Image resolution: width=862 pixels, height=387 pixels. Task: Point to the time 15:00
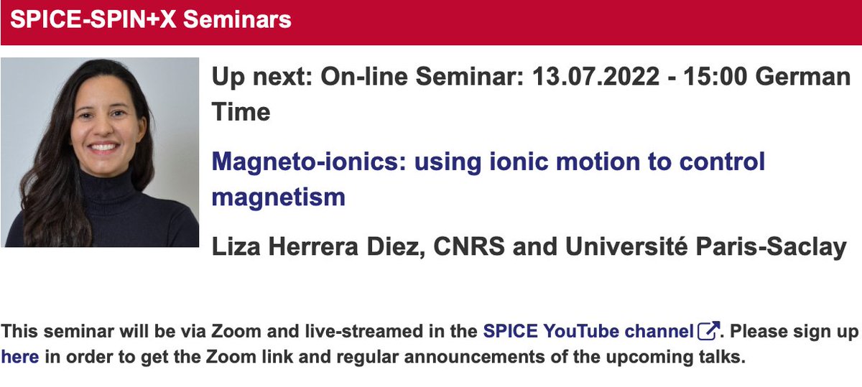pos(710,77)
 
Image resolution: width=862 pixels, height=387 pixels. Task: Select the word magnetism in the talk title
pos(278,196)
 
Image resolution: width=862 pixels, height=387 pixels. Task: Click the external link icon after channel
pos(708,331)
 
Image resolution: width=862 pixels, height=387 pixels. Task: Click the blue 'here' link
pos(19,356)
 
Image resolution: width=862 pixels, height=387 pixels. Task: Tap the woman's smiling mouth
pos(105,148)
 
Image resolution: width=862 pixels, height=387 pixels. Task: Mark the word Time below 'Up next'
pos(241,111)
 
